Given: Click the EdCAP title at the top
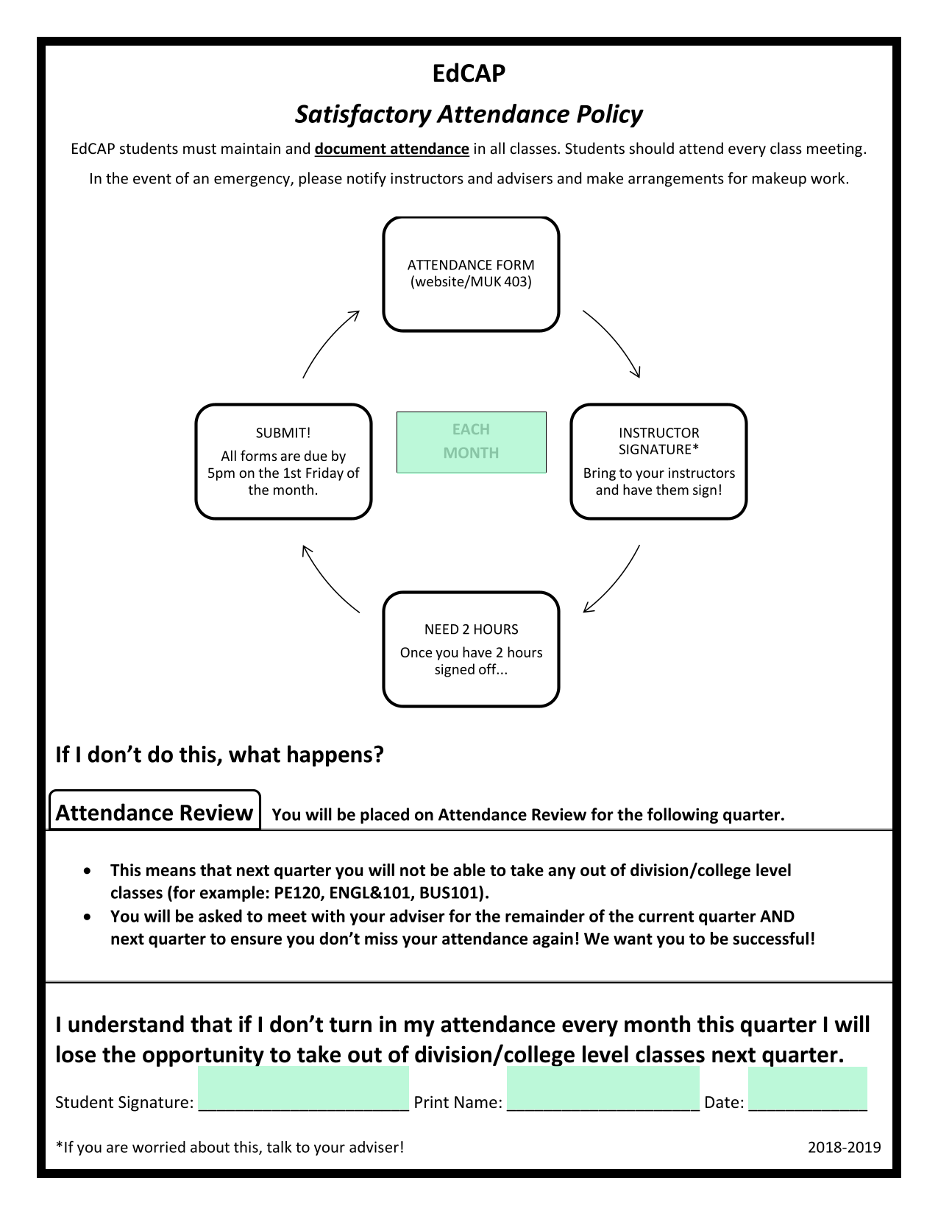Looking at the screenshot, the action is [x=469, y=73].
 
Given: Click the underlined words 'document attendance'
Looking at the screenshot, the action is [x=391, y=149].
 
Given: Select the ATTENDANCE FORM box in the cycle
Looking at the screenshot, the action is [x=471, y=274].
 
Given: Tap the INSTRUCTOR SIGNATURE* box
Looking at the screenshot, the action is [x=658, y=462].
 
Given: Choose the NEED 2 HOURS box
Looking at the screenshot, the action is [x=471, y=649].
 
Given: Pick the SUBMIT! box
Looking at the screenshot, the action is [x=283, y=462].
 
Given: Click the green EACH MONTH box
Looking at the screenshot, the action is [x=472, y=442].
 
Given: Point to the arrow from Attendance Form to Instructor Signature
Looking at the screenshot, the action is [x=616, y=339].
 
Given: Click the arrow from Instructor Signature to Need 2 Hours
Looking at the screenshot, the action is [x=616, y=583].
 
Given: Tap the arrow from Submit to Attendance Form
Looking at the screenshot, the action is [x=326, y=339].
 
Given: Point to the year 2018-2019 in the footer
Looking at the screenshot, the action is [x=845, y=1148].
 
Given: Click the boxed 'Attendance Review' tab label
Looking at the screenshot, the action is [x=154, y=813].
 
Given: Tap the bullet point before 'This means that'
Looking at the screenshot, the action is [x=87, y=871].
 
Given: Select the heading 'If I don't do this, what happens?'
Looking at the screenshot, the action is [x=219, y=755].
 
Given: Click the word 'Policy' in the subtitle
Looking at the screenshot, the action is [x=609, y=115].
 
